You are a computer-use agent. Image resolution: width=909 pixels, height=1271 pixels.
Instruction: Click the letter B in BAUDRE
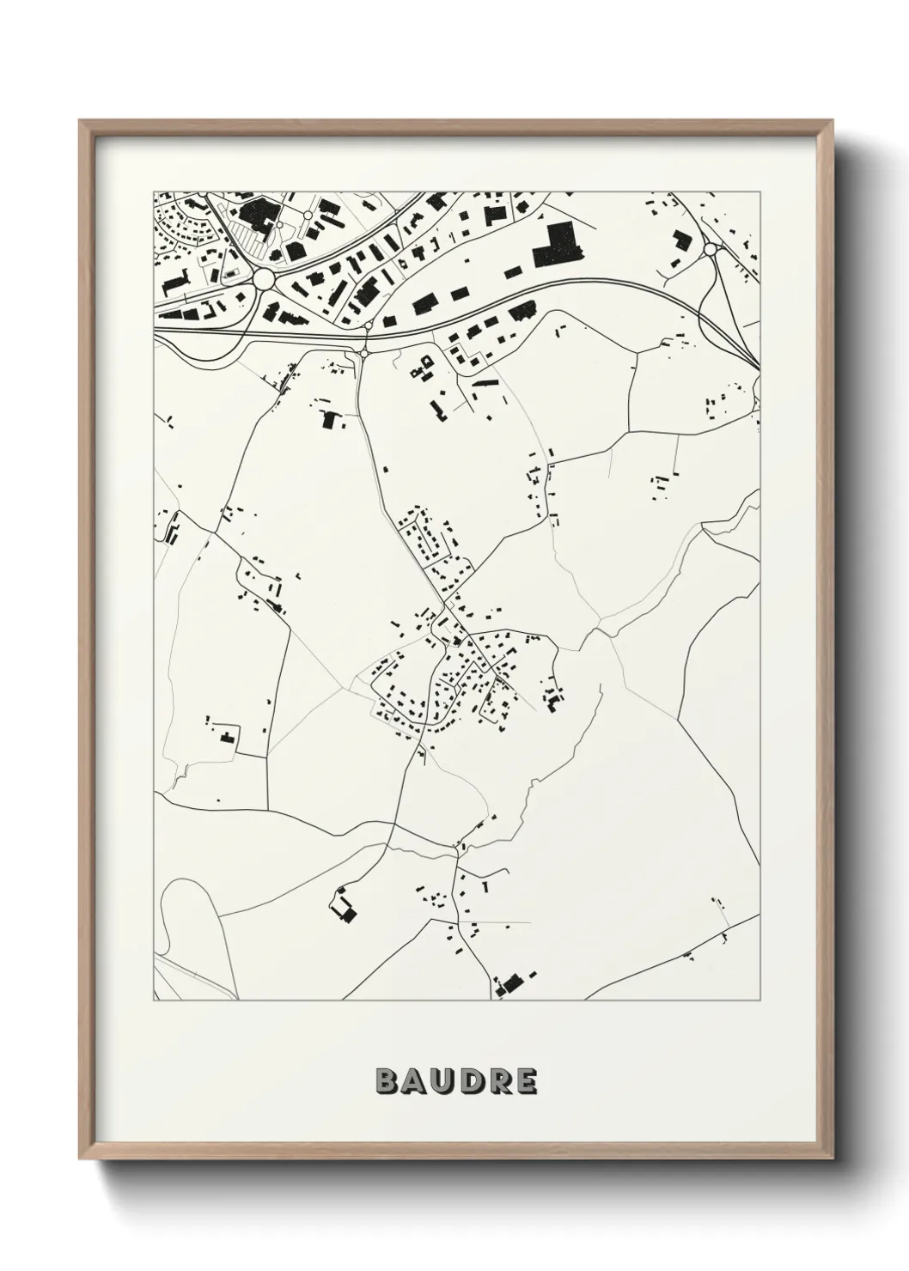coord(386,1081)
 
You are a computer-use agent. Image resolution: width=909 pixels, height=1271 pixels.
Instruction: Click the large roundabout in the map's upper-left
coord(264,279)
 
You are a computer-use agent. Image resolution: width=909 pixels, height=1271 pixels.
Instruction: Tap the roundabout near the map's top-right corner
coord(710,249)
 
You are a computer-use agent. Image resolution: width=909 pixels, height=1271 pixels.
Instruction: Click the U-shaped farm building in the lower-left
coord(343,907)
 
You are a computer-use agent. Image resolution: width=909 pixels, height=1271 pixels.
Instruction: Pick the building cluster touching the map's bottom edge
coord(511,984)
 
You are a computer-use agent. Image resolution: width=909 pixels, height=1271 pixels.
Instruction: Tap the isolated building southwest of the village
coord(228,737)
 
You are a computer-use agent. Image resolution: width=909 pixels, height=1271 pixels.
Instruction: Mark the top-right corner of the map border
coord(760,192)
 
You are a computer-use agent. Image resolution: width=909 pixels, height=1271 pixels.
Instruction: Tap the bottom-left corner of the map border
coord(154,1000)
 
